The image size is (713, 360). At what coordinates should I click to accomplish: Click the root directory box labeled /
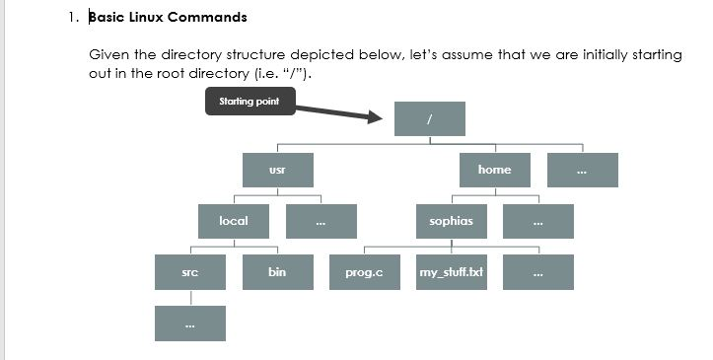(x=429, y=118)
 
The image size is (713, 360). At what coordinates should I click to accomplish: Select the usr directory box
(x=277, y=170)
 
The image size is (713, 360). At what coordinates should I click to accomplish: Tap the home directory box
(x=494, y=170)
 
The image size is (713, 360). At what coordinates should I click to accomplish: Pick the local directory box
(x=234, y=221)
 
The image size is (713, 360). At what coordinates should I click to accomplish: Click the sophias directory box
(x=451, y=221)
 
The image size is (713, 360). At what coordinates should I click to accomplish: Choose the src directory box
(x=190, y=272)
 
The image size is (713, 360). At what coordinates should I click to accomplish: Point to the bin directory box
(x=277, y=272)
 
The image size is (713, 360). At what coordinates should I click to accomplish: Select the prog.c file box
(x=364, y=272)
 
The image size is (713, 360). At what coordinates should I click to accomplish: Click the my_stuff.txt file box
(x=451, y=272)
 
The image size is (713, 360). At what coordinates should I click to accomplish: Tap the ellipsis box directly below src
(x=190, y=324)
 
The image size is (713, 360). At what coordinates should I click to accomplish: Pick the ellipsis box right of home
(x=582, y=170)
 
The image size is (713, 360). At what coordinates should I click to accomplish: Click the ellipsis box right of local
(x=321, y=221)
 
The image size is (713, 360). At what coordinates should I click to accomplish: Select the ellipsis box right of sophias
(x=537, y=221)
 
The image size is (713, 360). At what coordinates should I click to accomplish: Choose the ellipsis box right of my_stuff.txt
(x=537, y=272)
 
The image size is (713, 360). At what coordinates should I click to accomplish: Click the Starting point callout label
(x=249, y=102)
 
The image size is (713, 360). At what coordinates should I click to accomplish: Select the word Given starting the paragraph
(x=107, y=54)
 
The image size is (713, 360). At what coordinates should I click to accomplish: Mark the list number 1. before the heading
(x=73, y=18)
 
